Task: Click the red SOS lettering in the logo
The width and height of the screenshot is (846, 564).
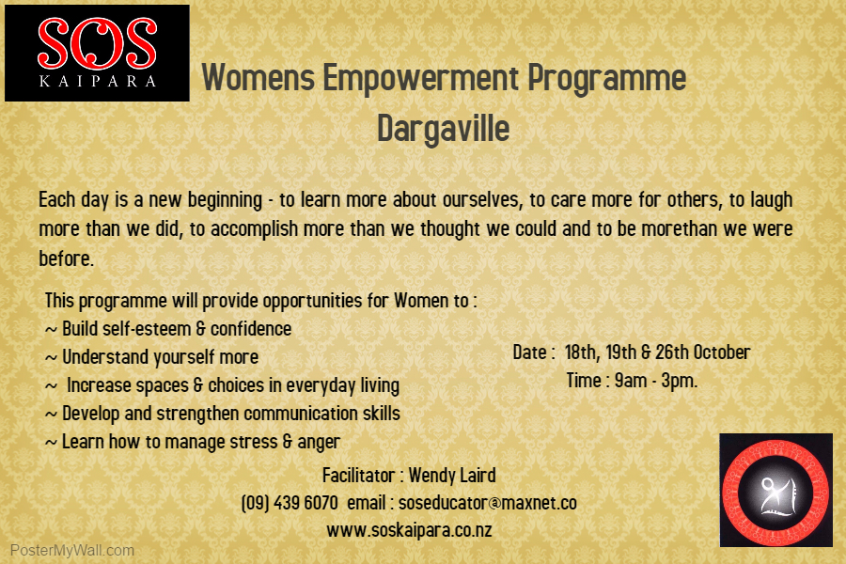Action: click(97, 43)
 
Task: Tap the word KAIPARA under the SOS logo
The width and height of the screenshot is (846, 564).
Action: click(98, 82)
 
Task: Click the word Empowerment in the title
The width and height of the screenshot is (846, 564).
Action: click(421, 77)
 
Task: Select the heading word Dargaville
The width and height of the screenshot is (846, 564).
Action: click(443, 129)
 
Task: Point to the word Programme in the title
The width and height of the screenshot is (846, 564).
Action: click(607, 79)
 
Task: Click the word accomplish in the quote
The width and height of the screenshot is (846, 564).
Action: click(254, 229)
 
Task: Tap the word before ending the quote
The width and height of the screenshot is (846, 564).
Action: click(67, 258)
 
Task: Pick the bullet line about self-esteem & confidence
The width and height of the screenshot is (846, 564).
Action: click(168, 329)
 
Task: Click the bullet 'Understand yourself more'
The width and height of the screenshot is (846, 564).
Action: click(151, 357)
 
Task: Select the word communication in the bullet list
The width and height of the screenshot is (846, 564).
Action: click(301, 414)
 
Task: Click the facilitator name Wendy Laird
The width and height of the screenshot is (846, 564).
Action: click(452, 476)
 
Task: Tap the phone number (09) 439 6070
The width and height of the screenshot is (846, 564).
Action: click(290, 503)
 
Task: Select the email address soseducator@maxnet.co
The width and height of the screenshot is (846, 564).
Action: click(488, 503)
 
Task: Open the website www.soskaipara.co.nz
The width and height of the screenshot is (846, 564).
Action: click(409, 530)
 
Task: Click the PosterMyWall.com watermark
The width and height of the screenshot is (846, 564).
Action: click(72, 551)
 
